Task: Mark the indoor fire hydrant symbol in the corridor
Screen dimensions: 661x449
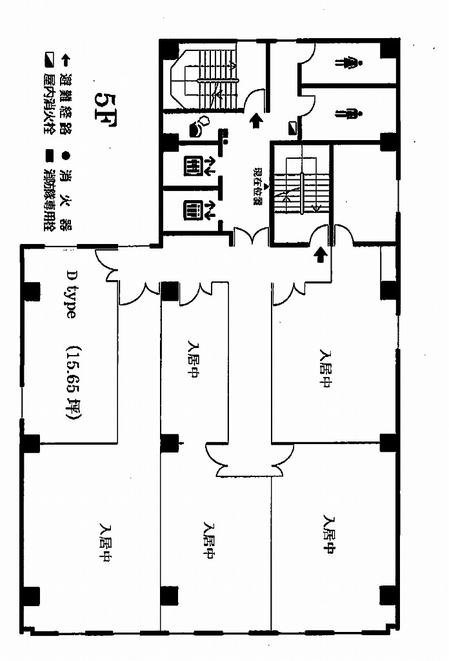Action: [294, 128]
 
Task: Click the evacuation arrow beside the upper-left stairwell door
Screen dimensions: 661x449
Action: [256, 120]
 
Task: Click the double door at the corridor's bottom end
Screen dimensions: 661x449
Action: [244, 460]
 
